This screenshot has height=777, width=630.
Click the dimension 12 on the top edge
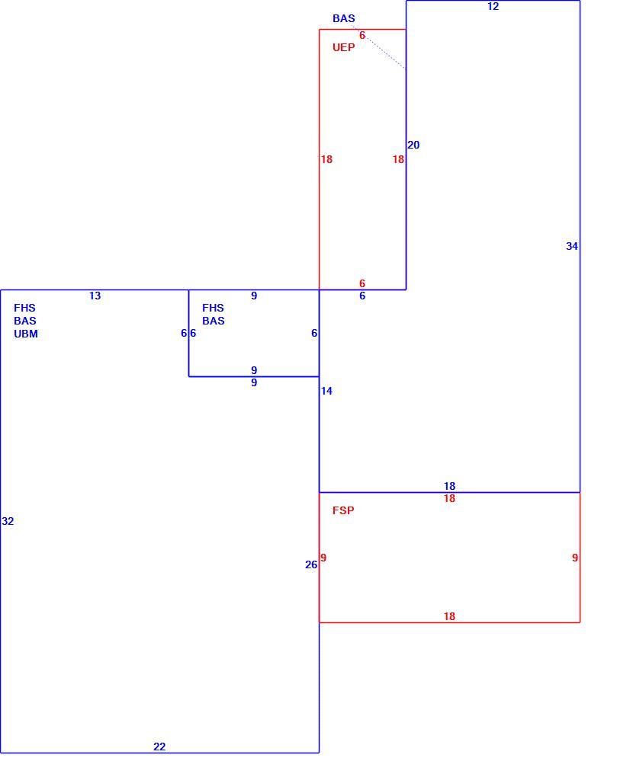493,6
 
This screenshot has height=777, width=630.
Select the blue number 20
413,145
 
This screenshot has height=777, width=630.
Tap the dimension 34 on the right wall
572,246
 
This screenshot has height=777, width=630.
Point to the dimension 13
95,296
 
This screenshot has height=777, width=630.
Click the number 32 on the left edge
8,521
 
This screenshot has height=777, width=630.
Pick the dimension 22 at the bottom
159,747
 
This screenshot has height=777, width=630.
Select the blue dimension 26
311,565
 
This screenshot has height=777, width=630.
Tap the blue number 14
326,391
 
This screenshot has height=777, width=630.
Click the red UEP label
344,47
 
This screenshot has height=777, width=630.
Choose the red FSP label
343,510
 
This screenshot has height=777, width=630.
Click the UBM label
26,334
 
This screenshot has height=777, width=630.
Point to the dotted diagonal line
379,47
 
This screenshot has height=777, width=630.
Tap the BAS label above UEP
344,19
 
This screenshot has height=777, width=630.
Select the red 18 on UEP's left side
326,159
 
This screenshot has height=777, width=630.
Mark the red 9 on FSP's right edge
575,558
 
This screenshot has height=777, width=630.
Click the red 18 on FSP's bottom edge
449,616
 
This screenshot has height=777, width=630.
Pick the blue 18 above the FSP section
449,486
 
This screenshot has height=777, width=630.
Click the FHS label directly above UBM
25,308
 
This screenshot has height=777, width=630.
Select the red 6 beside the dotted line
362,36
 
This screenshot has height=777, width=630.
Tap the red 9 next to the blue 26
323,558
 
